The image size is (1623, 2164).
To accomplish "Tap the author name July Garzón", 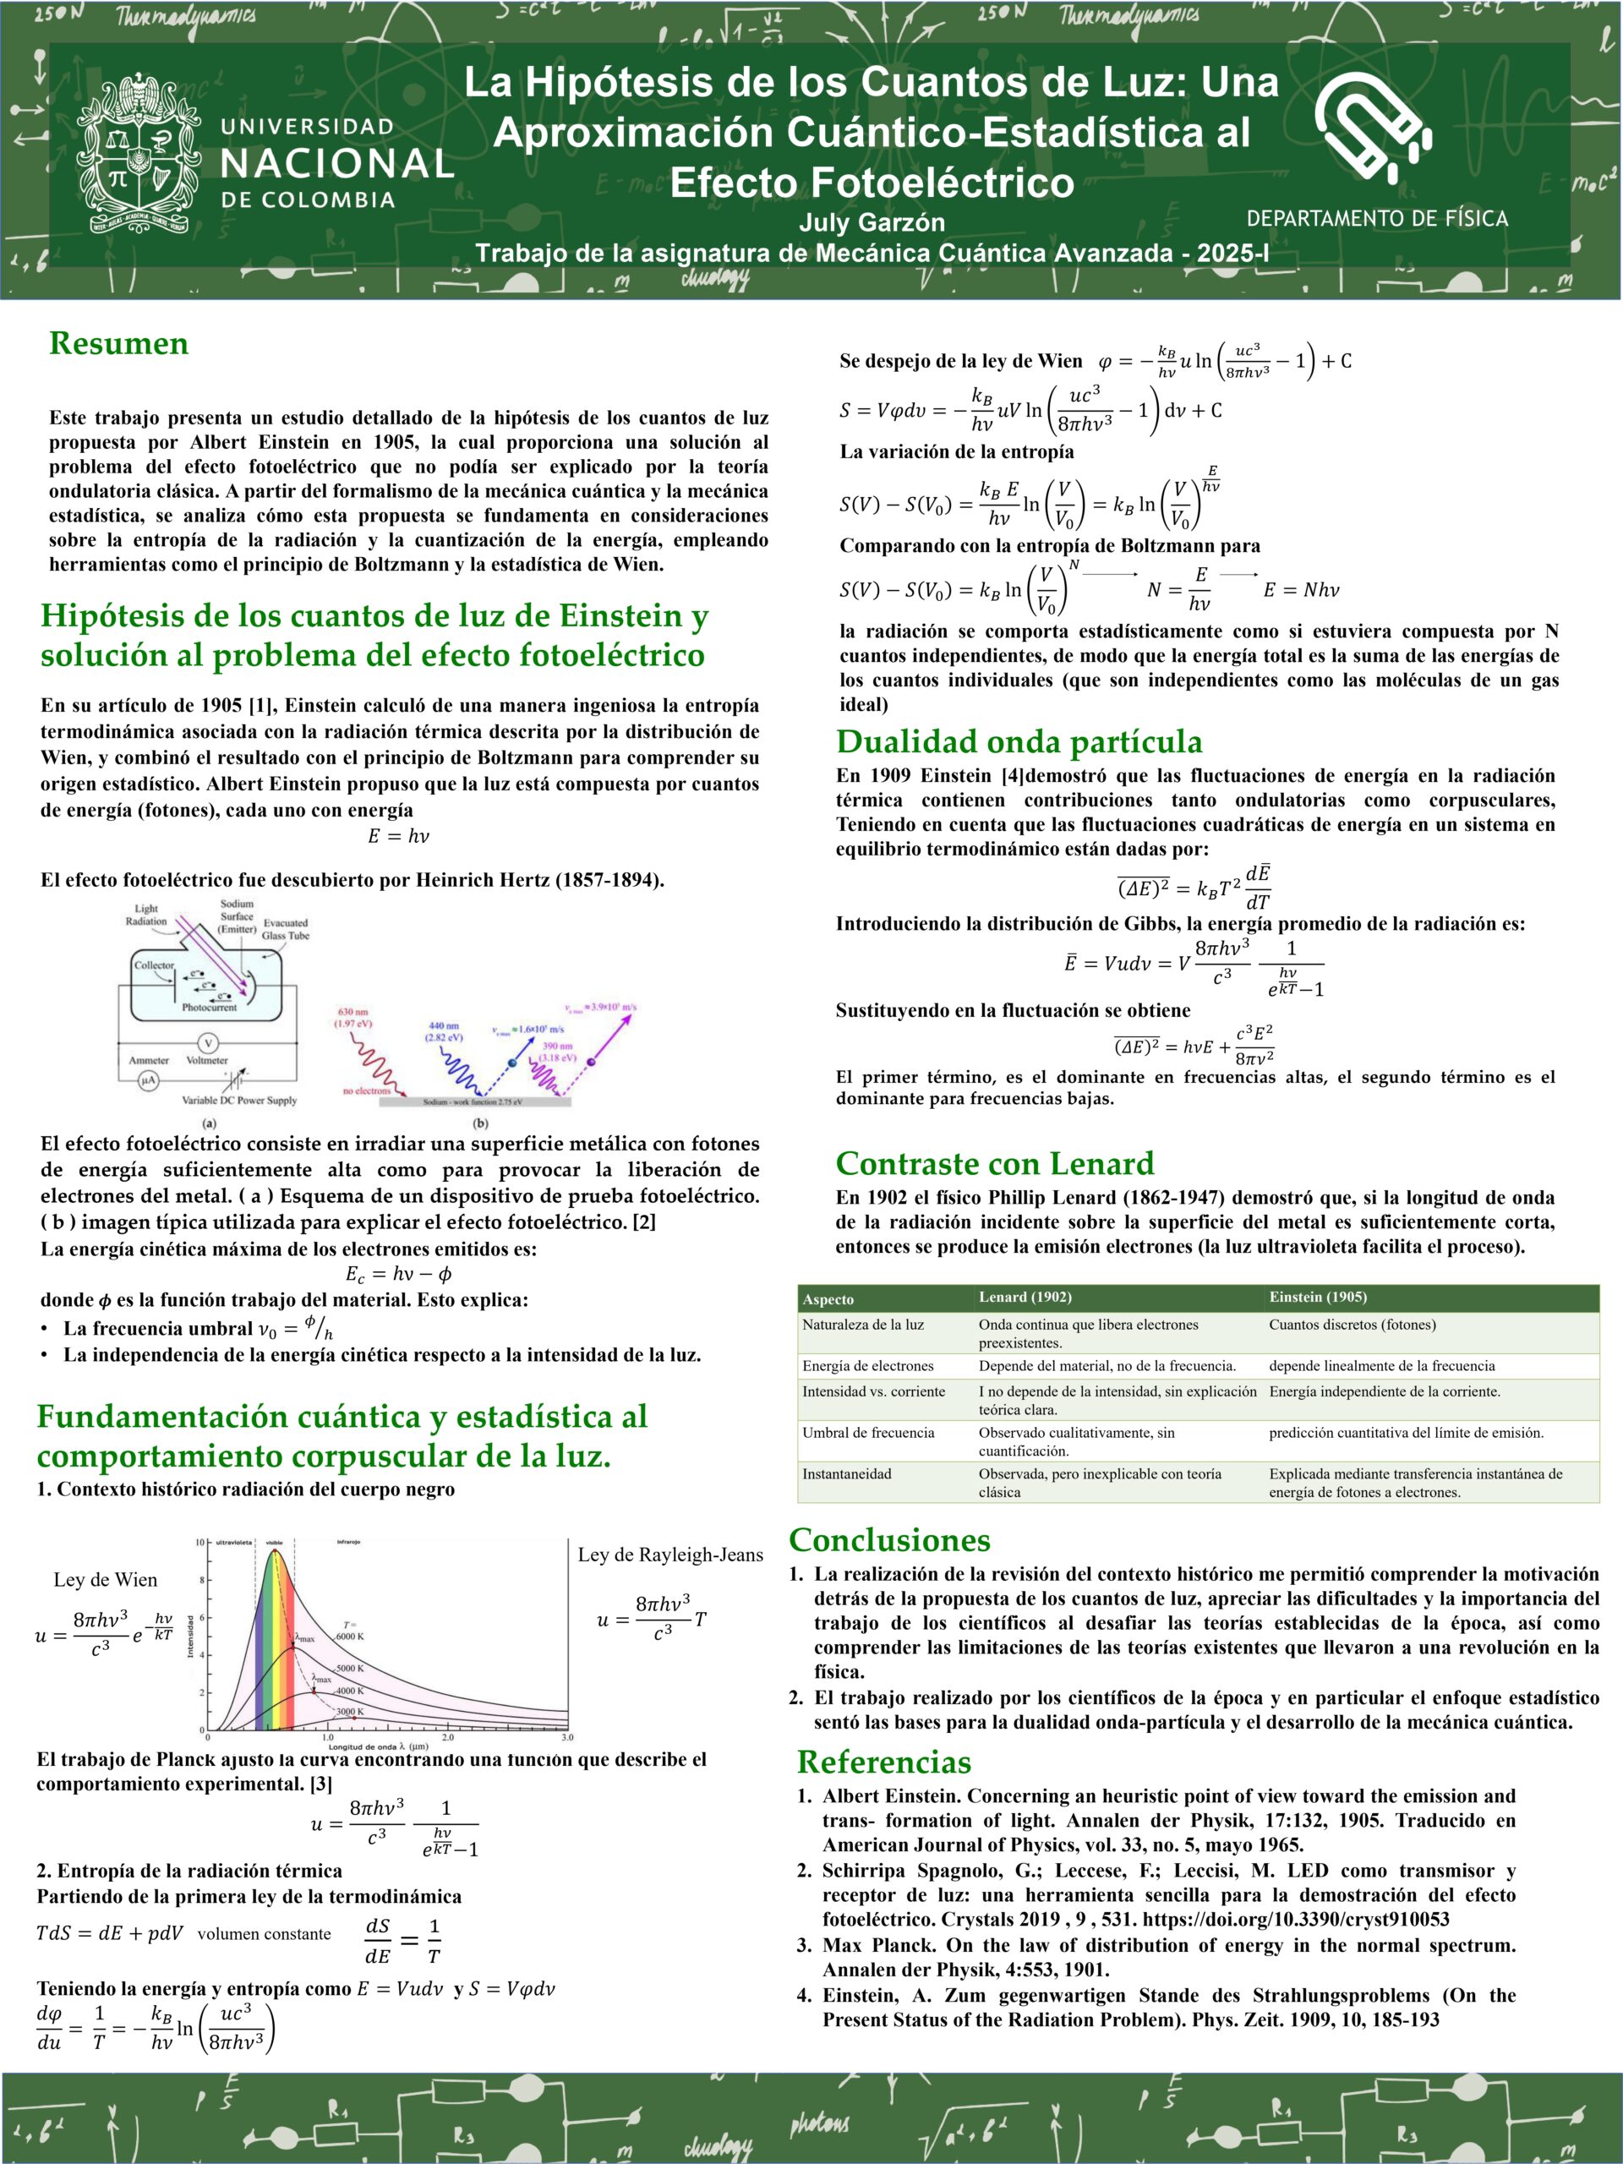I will coord(872,222).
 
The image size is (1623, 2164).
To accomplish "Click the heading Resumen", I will coord(118,343).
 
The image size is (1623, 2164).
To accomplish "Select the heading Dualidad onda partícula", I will coord(1019,741).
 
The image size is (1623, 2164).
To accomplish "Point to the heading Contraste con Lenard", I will coord(994,1163).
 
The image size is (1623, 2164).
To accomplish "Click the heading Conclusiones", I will coord(889,1540).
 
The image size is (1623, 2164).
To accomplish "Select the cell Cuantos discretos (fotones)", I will coord(1352,1325).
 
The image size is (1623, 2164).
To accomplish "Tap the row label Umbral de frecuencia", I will coord(866,1432).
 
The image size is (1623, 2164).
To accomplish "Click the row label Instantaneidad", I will coord(846,1473).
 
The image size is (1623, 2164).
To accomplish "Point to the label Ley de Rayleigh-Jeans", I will coord(670,1555).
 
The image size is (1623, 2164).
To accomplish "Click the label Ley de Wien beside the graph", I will coord(105,1579).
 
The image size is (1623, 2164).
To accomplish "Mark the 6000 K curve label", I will coord(349,1636).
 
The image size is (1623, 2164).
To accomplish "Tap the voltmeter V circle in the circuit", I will coord(207,1043).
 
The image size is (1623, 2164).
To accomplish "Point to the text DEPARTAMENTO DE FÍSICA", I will coord(1376,218).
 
